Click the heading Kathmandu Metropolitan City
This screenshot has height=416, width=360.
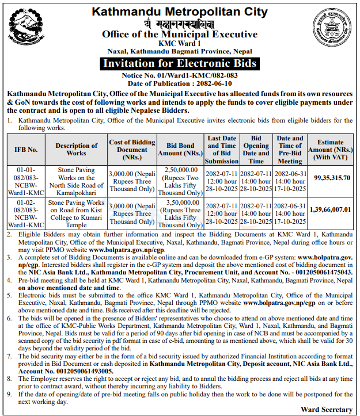pyautogui.click(x=180, y=11)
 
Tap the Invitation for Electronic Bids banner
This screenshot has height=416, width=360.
pyautogui.click(x=179, y=63)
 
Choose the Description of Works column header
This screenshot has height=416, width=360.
pyautogui.click(x=77, y=150)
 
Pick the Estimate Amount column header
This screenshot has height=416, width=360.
pyautogui.click(x=332, y=150)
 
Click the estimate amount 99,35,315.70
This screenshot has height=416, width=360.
pyautogui.click(x=332, y=178)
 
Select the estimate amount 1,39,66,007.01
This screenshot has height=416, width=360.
pyautogui.click(x=332, y=210)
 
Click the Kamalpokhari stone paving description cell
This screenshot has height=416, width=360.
pyautogui.click(x=77, y=178)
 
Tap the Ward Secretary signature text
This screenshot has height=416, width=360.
pyautogui.click(x=326, y=409)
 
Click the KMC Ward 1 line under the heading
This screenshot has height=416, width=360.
pyautogui.click(x=179, y=43)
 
